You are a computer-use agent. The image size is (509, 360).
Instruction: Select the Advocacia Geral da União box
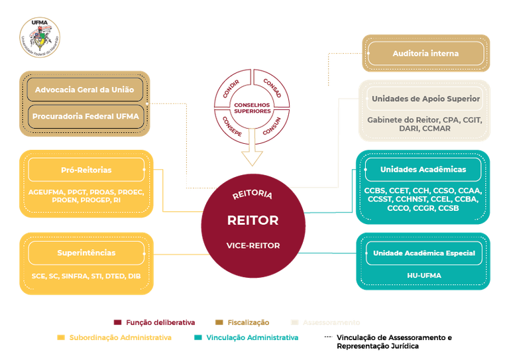[85, 90]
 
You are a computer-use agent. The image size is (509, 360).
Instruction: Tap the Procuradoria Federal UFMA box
[85, 117]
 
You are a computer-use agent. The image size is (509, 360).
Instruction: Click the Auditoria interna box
[425, 53]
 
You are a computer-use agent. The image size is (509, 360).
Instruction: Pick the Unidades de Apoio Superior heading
[425, 99]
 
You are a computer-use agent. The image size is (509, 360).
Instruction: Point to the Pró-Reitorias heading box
[86, 170]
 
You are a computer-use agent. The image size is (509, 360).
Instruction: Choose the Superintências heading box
[86, 253]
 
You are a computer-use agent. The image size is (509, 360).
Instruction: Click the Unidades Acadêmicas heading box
[423, 169]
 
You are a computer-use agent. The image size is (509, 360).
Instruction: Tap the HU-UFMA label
[424, 275]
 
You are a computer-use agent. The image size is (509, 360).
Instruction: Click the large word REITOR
[253, 220]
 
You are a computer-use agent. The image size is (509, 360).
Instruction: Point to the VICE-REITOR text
[253, 245]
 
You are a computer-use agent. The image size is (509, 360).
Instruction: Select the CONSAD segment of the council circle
[272, 88]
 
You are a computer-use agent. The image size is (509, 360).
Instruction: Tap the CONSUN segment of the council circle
[272, 126]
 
